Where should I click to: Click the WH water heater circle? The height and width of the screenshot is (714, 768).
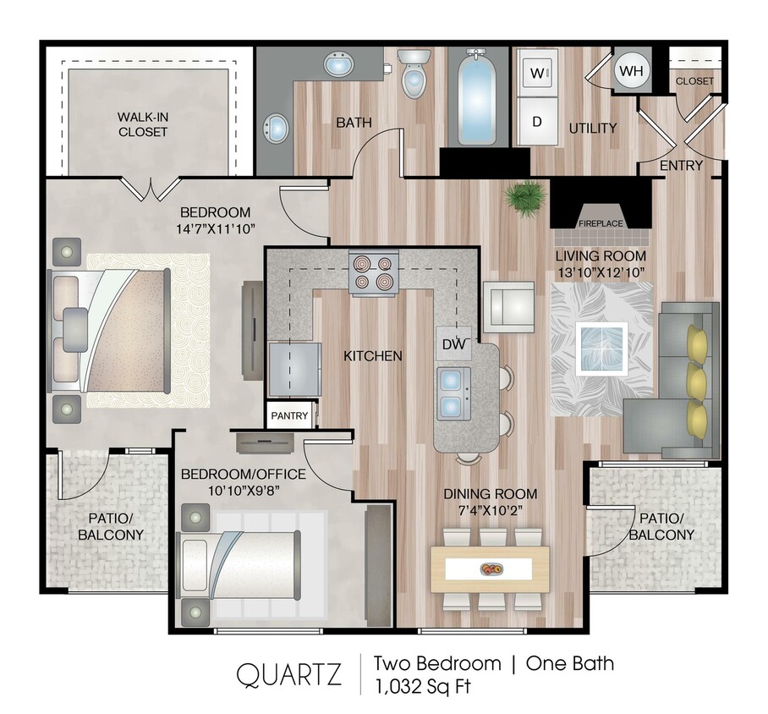(x=630, y=70)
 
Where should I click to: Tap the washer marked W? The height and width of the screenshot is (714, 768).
(x=536, y=73)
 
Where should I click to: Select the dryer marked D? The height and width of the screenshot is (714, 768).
(x=536, y=120)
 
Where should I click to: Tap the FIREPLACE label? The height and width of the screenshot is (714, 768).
(x=601, y=223)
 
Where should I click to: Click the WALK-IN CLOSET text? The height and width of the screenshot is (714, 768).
(x=143, y=124)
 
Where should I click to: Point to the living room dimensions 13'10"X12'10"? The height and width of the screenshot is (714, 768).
(x=601, y=272)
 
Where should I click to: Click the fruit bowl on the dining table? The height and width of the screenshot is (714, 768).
(x=490, y=568)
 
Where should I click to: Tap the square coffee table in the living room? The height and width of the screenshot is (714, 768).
(x=600, y=349)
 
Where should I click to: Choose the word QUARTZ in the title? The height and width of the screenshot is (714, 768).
(x=288, y=674)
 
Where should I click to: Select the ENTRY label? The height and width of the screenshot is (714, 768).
(x=681, y=165)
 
